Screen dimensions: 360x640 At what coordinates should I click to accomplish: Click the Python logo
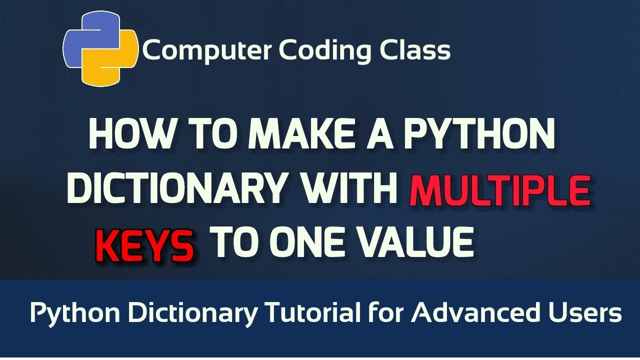[x=100, y=51]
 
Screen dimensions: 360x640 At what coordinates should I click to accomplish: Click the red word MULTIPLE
[x=499, y=192]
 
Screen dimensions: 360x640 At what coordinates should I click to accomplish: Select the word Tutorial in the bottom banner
[x=310, y=313]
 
